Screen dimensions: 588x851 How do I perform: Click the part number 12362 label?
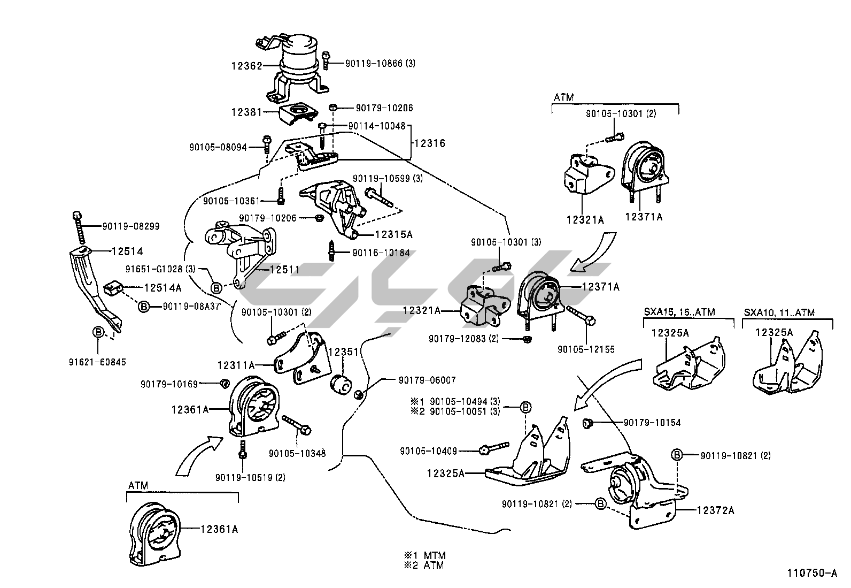pos(246,66)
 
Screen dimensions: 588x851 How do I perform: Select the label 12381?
pos(246,112)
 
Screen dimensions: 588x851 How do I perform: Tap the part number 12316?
pos(429,143)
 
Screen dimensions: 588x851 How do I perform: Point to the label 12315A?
pos(393,234)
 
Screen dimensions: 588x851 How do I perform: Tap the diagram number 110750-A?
pos(811,573)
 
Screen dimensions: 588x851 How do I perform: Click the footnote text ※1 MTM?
pos(428,555)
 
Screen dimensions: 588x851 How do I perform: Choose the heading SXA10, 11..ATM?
pos(779,312)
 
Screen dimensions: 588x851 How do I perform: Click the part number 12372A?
pos(715,510)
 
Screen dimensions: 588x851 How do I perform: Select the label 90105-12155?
pos(586,349)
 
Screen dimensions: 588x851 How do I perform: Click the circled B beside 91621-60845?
pos(98,332)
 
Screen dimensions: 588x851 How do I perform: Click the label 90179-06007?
pos(427,380)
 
